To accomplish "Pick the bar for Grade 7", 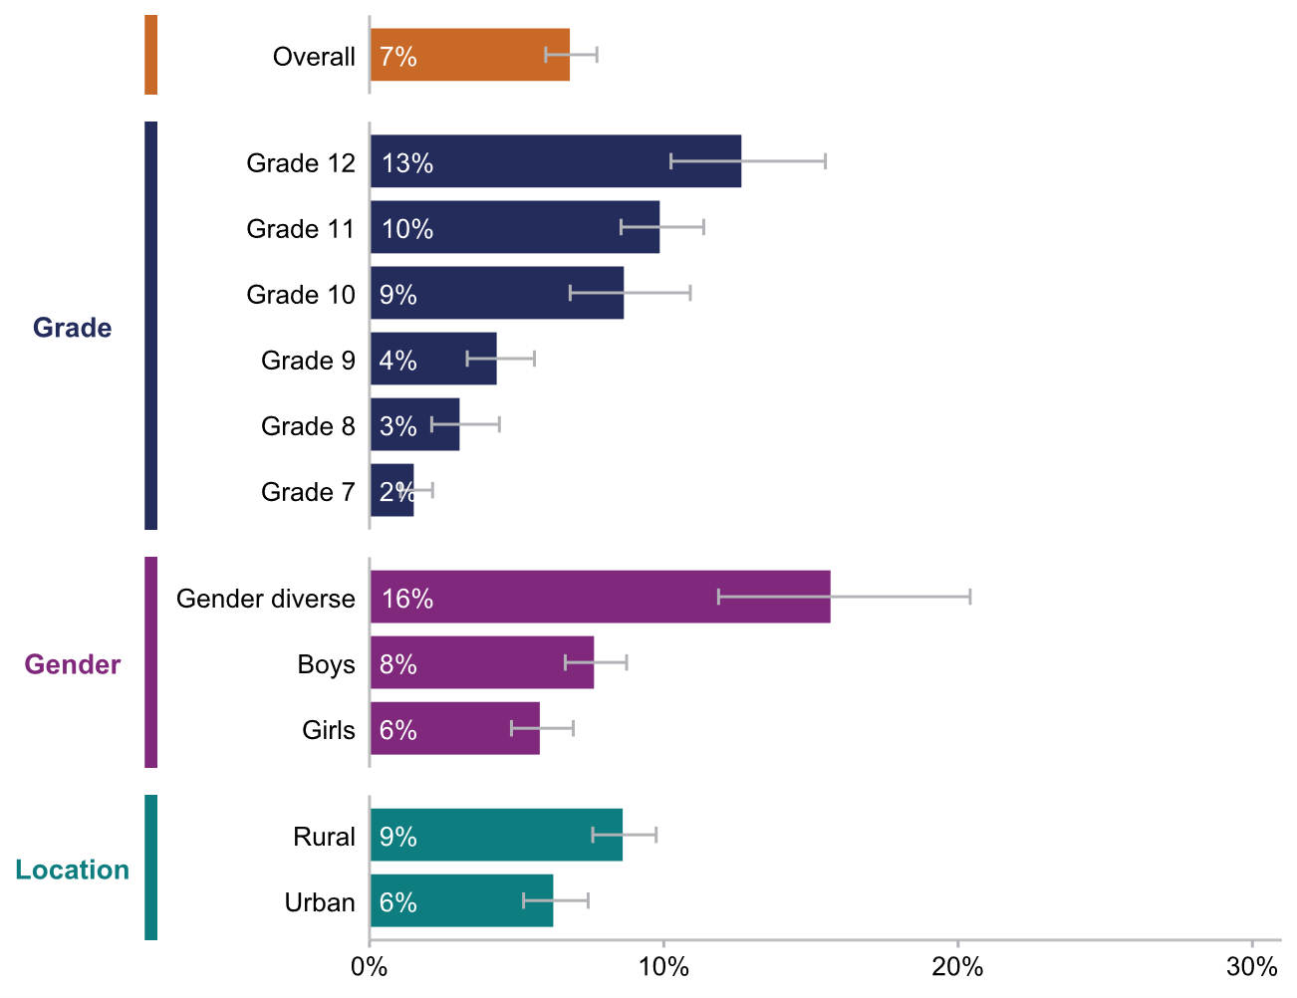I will (x=391, y=490).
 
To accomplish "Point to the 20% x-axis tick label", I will (x=957, y=967).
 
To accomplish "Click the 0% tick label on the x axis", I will (x=370, y=967).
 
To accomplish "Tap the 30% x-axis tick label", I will (x=1251, y=967).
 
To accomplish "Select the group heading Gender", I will (x=73, y=664).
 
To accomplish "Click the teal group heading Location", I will (x=73, y=870).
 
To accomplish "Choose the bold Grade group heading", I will (x=73, y=328).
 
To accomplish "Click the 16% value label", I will (x=407, y=599).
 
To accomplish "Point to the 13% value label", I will (x=407, y=163).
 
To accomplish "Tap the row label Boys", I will (x=326, y=664).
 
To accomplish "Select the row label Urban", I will (x=320, y=902).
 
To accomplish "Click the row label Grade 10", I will (x=301, y=295).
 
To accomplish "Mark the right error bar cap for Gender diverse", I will (x=970, y=597).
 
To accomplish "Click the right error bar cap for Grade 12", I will (x=825, y=161).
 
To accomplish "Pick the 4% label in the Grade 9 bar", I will (x=398, y=361).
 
